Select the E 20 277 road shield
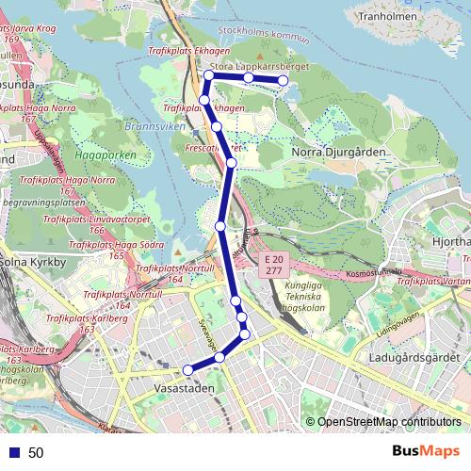(273, 264)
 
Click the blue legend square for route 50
(13, 452)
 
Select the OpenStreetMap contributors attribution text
(388, 422)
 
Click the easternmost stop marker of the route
(282, 81)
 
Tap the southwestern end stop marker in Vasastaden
(187, 369)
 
